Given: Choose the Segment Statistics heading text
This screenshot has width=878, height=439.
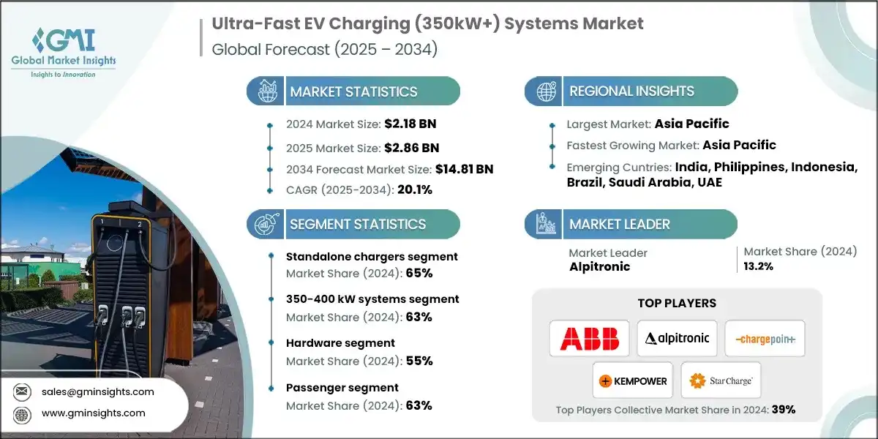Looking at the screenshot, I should click(358, 225).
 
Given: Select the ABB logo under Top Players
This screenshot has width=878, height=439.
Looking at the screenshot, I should click(590, 339).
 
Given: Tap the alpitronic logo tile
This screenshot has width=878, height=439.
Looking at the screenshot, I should click(677, 339).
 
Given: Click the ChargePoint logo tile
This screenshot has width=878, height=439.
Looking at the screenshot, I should click(765, 339).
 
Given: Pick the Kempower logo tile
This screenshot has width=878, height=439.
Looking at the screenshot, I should click(633, 380).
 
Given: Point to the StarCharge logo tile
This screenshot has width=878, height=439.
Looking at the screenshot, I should click(721, 380).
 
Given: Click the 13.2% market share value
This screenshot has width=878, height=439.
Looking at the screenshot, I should click(759, 266).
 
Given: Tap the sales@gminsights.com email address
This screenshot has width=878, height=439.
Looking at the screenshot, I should click(98, 391).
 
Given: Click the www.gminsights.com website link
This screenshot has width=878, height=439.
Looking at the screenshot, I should click(94, 413).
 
